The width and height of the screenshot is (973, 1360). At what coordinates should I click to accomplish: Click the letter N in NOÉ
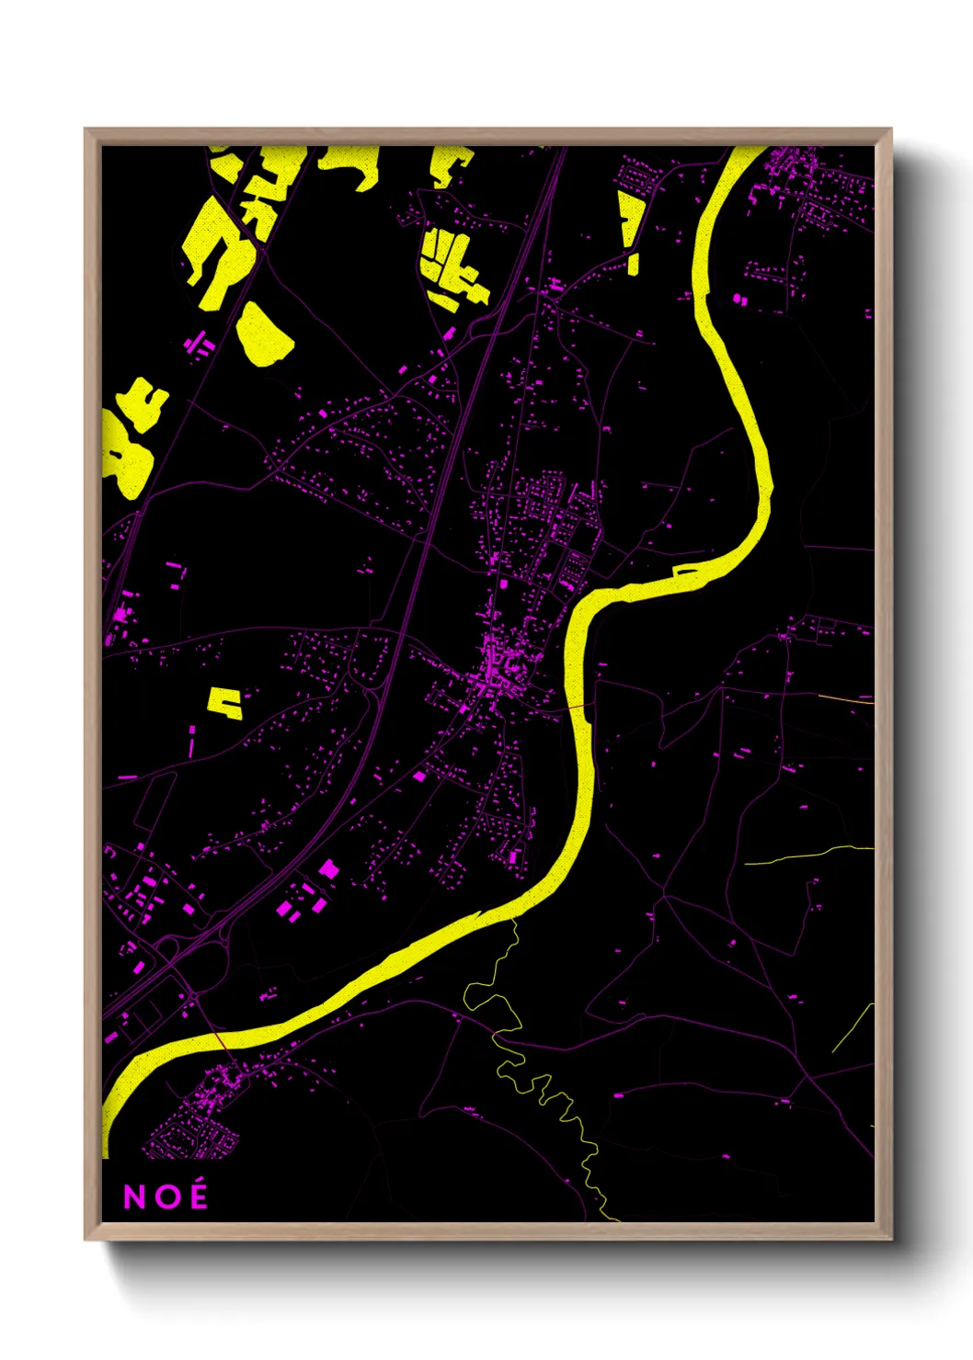(x=134, y=1196)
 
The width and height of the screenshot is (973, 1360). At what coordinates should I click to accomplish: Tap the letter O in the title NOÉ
(x=166, y=1196)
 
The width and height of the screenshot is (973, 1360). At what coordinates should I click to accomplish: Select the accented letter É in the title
(x=197, y=1195)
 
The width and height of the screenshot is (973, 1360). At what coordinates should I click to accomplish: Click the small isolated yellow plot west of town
(x=224, y=702)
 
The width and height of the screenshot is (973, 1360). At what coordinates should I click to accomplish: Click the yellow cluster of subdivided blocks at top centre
(x=452, y=266)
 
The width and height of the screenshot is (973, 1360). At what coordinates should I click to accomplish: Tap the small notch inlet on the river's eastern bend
(x=686, y=572)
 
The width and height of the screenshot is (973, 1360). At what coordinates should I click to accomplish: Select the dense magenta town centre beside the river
(x=496, y=675)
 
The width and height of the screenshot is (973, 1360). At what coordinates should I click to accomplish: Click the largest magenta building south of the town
(x=327, y=868)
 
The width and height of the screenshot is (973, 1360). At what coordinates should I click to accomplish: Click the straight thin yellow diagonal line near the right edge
(x=853, y=1028)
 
